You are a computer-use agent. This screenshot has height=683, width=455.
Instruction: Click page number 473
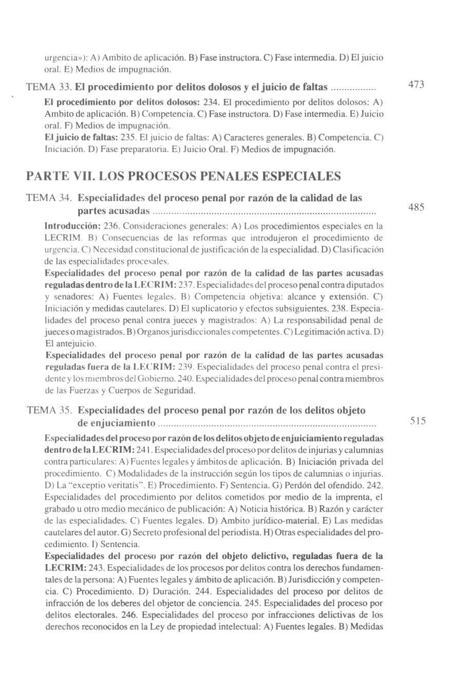tap(416, 84)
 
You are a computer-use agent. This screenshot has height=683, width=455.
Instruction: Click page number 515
tap(418, 420)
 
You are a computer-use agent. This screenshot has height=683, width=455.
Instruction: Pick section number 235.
tap(127, 137)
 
